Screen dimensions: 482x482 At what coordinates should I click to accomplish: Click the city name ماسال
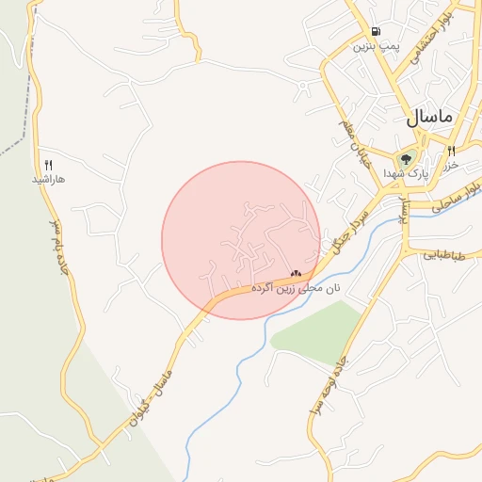429,118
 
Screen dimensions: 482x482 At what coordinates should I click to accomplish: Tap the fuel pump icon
377,30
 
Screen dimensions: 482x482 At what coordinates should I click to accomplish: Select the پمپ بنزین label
377,45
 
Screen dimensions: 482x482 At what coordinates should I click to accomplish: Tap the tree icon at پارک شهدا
407,159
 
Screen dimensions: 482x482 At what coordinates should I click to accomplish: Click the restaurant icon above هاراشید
48,164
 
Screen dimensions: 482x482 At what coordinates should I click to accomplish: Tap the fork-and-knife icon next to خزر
452,152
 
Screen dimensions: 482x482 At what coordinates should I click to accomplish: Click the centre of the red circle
241,240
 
